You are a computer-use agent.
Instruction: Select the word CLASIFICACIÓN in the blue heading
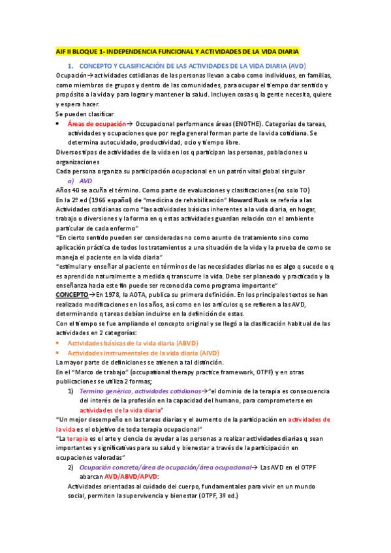pos(142,67)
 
